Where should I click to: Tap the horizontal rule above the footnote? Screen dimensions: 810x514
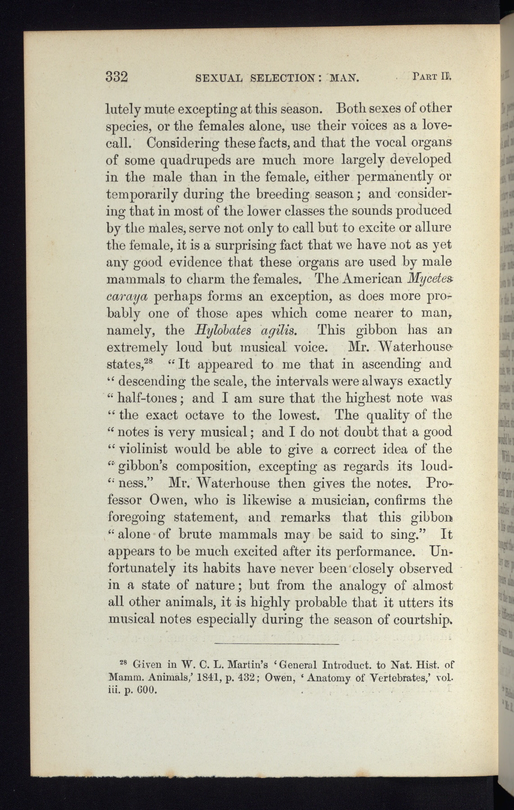(x=276, y=645)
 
